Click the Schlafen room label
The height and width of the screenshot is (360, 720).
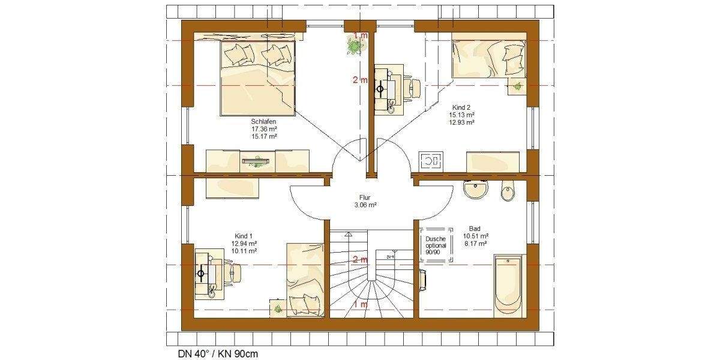pos(264,121)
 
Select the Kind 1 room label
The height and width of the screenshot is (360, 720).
pos(244,236)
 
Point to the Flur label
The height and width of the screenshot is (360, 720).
pos(365,196)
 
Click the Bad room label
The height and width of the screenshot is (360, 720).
pos(475,229)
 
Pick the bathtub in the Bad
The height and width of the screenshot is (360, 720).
pos(508,286)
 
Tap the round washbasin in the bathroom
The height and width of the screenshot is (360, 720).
pos(476,191)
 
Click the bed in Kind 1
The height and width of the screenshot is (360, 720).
pos(305,279)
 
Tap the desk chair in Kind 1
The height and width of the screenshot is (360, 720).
pos(233,274)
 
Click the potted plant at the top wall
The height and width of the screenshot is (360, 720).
pos(353,45)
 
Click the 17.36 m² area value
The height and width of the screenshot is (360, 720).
pos(264,128)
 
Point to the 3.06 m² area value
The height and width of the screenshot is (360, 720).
pos(365,205)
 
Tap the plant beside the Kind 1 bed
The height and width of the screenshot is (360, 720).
pos(278,308)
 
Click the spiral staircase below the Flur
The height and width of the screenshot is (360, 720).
pos(372,282)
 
